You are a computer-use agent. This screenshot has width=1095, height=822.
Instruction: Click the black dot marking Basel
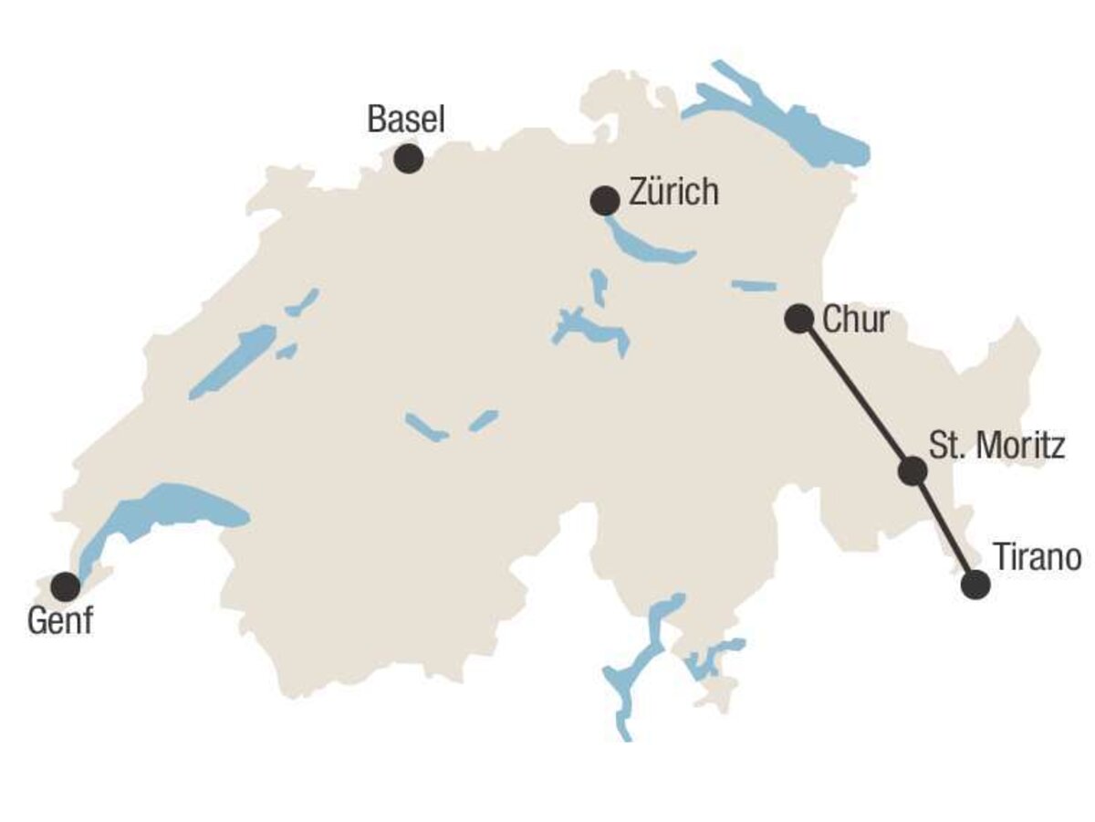click(x=408, y=159)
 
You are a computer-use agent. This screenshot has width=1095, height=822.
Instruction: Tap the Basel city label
click(x=406, y=119)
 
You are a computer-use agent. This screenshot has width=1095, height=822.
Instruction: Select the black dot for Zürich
click(x=605, y=201)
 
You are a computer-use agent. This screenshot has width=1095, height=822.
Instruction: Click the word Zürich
click(x=673, y=193)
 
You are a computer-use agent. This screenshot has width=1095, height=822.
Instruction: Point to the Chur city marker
click(x=798, y=319)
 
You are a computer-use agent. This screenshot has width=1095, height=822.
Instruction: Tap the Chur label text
click(x=855, y=320)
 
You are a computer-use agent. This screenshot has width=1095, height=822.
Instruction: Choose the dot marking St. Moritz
click(x=912, y=470)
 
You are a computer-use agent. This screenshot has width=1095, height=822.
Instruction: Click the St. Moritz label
click(x=996, y=447)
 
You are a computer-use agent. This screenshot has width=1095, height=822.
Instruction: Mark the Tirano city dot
click(x=975, y=585)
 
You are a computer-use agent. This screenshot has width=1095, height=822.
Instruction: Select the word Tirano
click(x=1037, y=557)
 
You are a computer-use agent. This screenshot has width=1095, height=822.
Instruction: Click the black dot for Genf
click(x=65, y=585)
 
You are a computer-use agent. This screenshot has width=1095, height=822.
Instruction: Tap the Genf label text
click(x=60, y=622)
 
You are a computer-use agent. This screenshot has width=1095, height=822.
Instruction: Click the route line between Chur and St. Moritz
click(x=855, y=395)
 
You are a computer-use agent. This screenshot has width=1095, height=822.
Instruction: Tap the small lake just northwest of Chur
click(x=754, y=286)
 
